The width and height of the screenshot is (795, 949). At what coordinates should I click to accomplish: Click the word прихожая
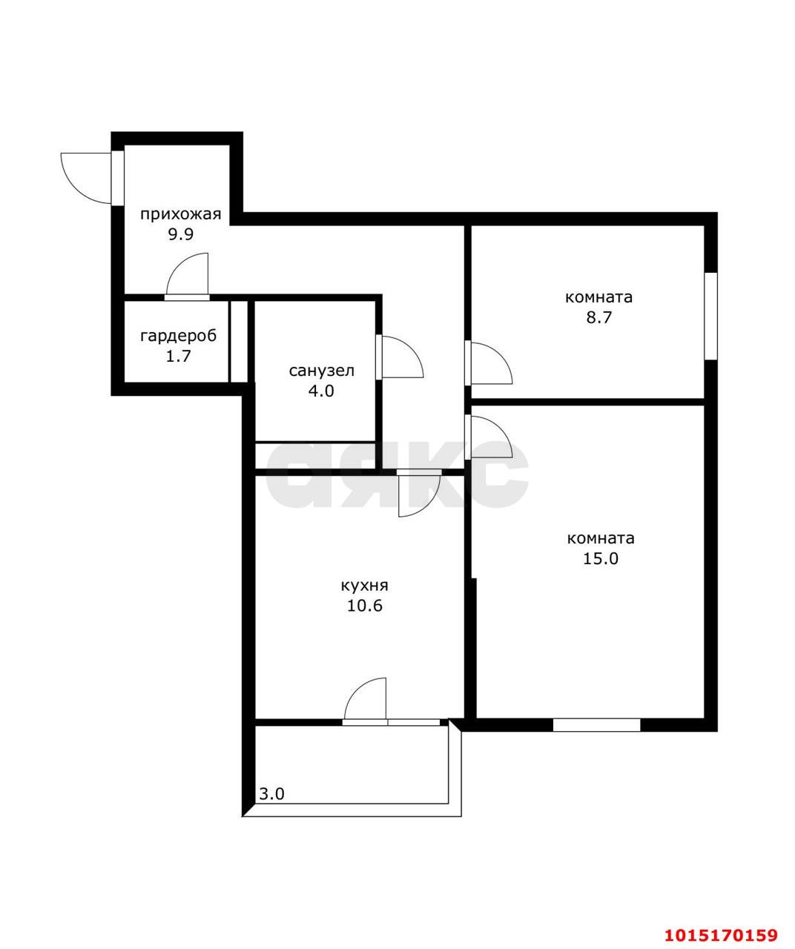pyautogui.click(x=180, y=214)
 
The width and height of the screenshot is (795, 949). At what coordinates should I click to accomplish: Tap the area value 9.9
pyautogui.click(x=181, y=234)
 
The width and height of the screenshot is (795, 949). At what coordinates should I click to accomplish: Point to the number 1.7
pyautogui.click(x=178, y=356)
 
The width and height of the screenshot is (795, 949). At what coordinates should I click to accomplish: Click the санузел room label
pyautogui.click(x=321, y=371)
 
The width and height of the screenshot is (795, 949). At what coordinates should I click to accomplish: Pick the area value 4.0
pyautogui.click(x=321, y=391)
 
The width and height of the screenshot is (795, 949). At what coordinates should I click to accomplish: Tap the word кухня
pyautogui.click(x=365, y=586)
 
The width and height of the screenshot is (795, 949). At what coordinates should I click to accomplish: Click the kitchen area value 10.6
pyautogui.click(x=365, y=606)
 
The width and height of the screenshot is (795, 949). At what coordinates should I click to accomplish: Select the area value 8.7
pyautogui.click(x=598, y=317)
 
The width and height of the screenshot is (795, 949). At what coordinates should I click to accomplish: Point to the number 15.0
pyautogui.click(x=601, y=558)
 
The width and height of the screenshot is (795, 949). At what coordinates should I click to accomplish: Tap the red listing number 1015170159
pyautogui.click(x=722, y=932)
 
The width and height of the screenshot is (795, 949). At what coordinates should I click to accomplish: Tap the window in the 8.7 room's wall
pyautogui.click(x=710, y=316)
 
